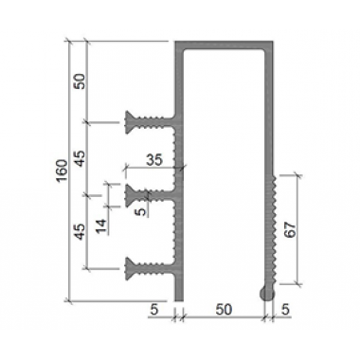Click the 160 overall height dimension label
62,171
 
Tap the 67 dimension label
290,229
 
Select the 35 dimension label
154,160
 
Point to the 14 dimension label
101,226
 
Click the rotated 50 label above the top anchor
81,81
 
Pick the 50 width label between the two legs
224,310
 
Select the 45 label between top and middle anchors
81,158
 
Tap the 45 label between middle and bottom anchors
81,231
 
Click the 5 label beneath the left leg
153,310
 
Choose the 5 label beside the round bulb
285,310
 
